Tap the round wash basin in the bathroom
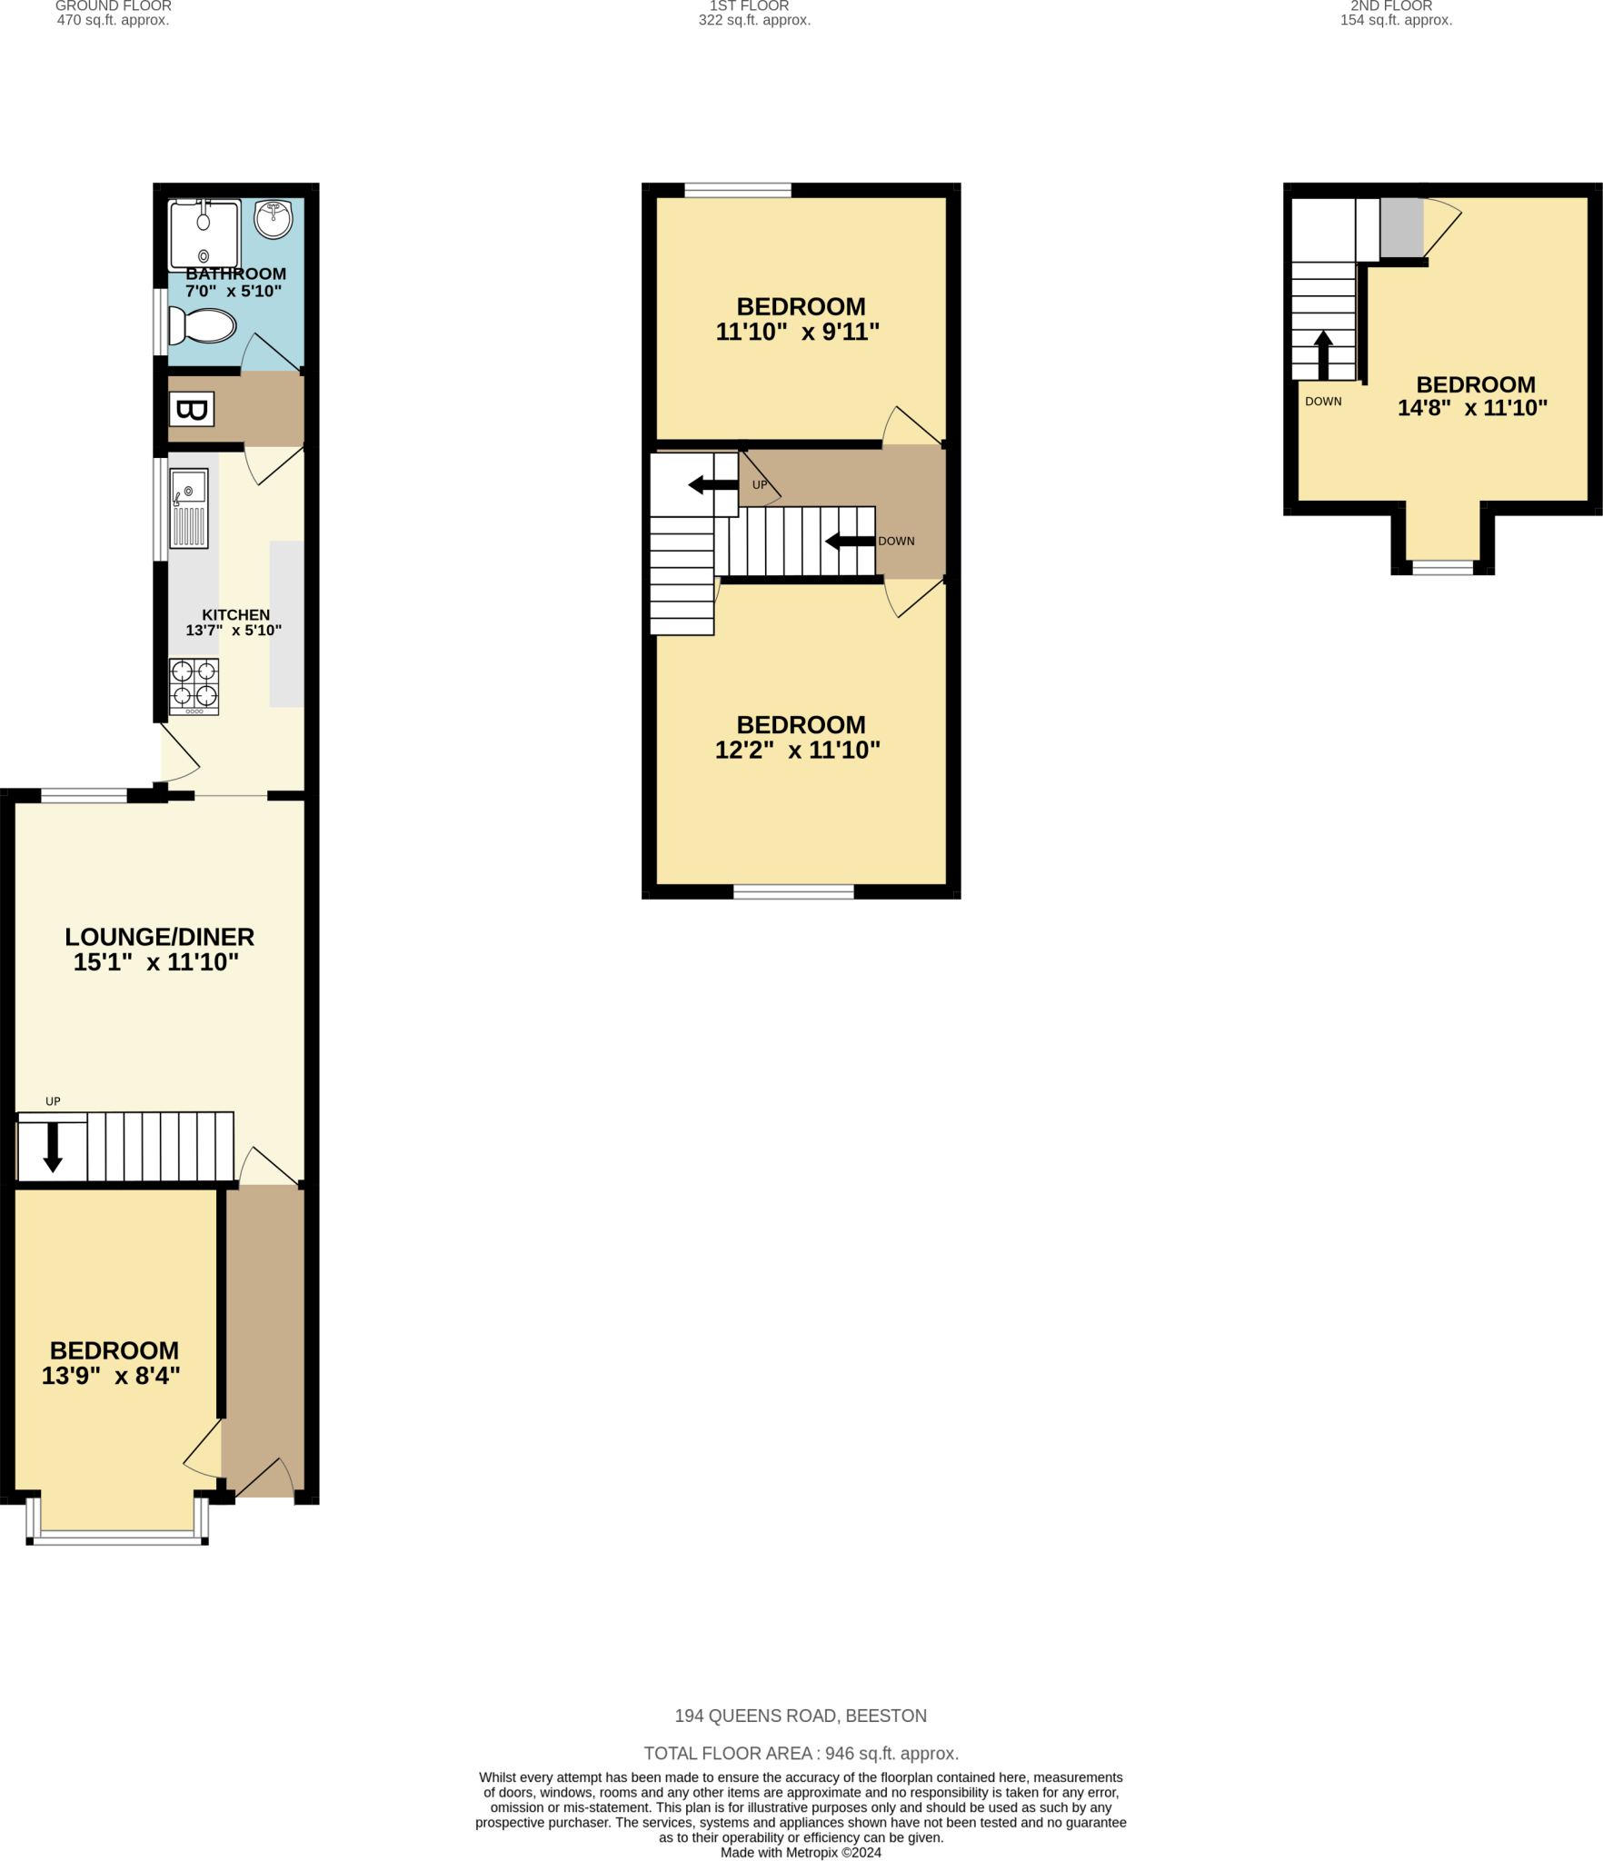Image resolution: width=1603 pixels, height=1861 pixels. coord(273,218)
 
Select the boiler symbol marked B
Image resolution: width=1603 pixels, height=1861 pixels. coord(192,409)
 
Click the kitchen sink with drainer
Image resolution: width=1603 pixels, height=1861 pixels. coord(189,508)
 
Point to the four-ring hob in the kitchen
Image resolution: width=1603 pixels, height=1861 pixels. coord(194,685)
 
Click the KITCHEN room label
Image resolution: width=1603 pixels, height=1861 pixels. coord(235,615)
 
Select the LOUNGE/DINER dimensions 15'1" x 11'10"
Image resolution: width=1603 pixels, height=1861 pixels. coord(156,962)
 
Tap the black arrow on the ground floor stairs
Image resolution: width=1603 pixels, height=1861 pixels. coord(53,1148)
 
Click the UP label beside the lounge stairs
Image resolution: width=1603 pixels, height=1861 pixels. coord(53,1101)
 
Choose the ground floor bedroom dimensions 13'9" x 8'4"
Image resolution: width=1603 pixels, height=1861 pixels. coord(111,1376)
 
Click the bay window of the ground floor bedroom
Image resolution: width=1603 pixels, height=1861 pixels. coord(117,1537)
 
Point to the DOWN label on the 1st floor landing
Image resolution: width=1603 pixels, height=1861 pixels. coord(896,541)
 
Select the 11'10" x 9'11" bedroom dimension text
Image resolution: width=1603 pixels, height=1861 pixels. coord(798,332)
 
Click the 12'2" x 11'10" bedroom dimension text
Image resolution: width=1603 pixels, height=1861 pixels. coord(798,750)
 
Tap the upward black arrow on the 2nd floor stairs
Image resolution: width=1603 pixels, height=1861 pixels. coord(1323,354)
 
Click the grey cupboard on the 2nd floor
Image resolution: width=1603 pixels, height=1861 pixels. coord(1401,227)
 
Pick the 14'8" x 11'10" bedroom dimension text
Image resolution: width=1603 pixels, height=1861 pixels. coord(1472,408)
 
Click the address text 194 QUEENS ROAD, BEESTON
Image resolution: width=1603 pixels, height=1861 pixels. coord(801,1716)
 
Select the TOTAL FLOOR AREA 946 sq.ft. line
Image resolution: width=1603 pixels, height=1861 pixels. coord(801,1753)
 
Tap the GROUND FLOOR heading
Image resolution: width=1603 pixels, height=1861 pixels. coord(114,6)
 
